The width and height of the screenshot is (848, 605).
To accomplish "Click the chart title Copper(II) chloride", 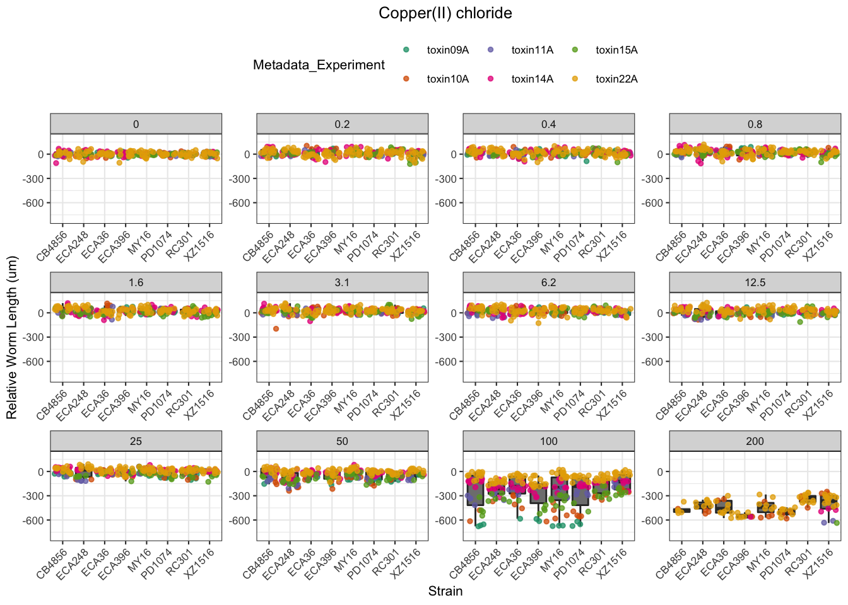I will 445,13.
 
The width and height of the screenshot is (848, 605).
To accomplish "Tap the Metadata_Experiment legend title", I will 319,65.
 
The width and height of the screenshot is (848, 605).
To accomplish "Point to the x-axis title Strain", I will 445,591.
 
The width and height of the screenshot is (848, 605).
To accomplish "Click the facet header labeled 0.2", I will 342,124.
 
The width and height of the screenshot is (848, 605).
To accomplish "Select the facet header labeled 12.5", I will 755,282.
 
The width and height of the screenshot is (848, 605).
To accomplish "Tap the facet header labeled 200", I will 755,441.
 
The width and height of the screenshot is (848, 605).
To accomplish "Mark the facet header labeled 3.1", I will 342,282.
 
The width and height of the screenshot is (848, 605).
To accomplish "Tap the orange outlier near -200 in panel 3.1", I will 276,329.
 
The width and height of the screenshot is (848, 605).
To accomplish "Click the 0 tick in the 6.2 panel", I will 454,313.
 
